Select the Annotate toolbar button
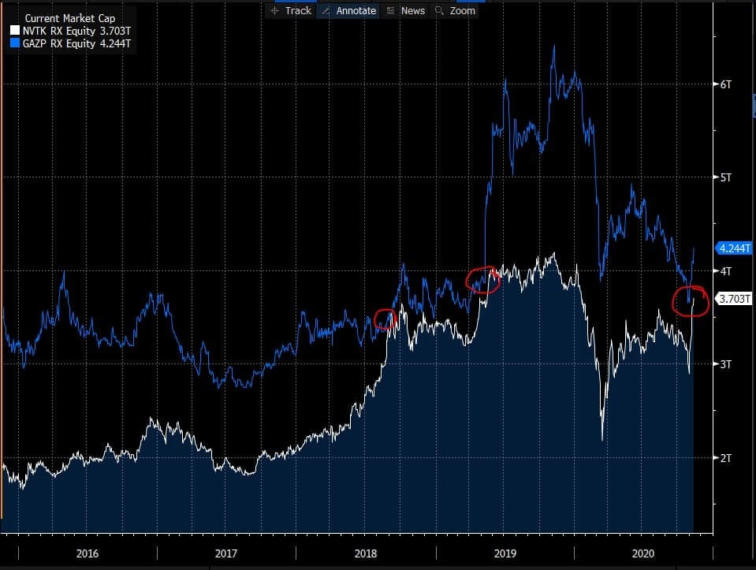(348, 10)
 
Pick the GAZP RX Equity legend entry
(67, 43)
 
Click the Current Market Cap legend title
(69, 17)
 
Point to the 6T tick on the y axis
(726, 84)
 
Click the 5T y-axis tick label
(726, 177)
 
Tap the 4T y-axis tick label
(726, 270)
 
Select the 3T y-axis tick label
(726, 364)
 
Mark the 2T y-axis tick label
(726, 457)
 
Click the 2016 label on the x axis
(88, 553)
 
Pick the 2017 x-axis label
(226, 553)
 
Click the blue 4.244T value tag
(734, 248)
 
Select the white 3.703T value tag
(734, 299)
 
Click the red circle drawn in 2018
(385, 319)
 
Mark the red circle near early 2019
(482, 280)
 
